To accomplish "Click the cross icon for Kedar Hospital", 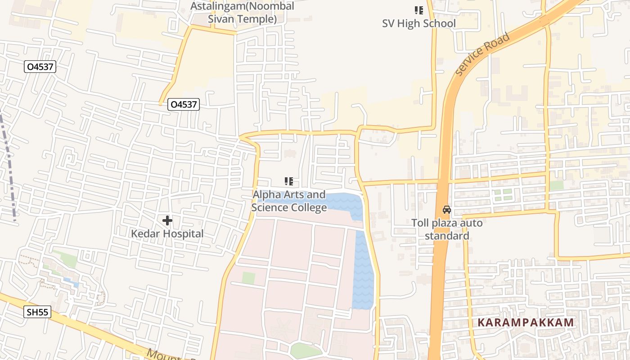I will (x=167, y=220).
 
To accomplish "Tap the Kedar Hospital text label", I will (x=167, y=234).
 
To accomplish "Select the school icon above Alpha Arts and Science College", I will (x=289, y=181).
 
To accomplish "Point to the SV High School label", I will (x=418, y=24).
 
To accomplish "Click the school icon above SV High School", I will (x=419, y=10).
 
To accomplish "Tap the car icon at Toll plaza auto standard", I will (x=446, y=210).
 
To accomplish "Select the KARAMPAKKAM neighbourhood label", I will (x=526, y=323).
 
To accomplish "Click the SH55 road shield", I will (x=37, y=312).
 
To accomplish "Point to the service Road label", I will (x=482, y=54).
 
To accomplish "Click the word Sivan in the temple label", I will (x=220, y=19).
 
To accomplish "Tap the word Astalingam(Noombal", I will (x=242, y=6).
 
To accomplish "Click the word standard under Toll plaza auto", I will (x=447, y=236).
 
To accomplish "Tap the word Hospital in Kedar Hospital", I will (x=183, y=234).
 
